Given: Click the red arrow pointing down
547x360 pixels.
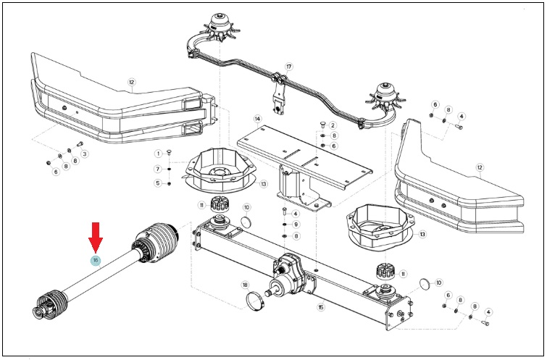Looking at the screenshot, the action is (95, 238).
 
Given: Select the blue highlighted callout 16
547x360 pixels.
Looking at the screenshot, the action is (95, 260).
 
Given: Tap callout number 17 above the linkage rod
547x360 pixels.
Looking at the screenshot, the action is (288, 67).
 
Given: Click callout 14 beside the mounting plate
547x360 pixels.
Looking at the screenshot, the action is (257, 119).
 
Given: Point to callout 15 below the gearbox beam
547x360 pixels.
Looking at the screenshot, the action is (321, 307).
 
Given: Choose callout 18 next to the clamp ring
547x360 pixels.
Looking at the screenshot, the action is (245, 285).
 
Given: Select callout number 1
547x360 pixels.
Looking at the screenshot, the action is (159, 154).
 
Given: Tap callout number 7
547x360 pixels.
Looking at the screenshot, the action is (159, 169).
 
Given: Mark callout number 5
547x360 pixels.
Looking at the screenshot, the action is (159, 183).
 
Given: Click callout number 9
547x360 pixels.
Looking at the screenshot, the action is (296, 225).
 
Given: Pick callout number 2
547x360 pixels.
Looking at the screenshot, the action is (333, 125).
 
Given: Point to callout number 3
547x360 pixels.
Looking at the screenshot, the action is (84, 154).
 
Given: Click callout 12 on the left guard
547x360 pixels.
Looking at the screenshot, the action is (131, 83).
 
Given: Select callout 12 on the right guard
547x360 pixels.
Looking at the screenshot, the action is (480, 167).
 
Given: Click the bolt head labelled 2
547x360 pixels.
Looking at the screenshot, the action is (322, 124).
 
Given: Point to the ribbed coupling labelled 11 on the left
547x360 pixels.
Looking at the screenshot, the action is (220, 204).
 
